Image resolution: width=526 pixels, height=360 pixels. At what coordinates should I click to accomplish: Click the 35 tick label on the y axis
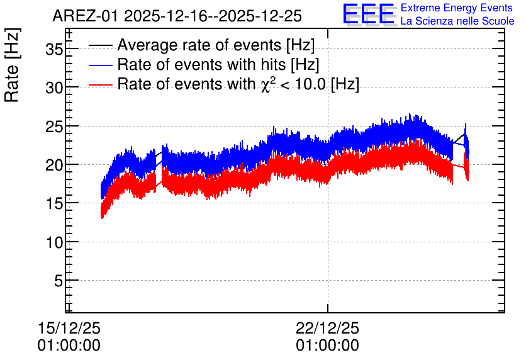54,50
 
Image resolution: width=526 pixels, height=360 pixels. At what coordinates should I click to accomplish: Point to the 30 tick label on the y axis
54,88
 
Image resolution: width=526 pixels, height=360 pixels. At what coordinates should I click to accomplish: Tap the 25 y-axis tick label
54,127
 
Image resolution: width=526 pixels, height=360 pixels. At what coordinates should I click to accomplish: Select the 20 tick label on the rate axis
54,165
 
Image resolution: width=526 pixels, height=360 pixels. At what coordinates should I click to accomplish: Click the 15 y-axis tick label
54,204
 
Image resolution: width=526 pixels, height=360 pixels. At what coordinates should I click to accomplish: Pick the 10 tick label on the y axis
54,242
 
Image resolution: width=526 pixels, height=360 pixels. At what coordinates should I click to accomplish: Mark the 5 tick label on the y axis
59,281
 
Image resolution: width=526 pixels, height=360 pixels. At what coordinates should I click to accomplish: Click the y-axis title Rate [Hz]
12,65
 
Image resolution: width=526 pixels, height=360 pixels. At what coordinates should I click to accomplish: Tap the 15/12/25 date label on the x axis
69,328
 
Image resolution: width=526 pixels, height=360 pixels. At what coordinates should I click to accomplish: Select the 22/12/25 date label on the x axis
327,328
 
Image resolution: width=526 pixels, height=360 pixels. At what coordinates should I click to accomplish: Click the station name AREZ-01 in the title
86,16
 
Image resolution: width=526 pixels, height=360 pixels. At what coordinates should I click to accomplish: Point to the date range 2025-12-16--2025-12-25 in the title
213,16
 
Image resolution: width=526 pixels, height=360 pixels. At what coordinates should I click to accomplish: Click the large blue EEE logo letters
368,14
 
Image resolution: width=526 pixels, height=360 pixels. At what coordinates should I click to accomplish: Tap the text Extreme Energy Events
457,8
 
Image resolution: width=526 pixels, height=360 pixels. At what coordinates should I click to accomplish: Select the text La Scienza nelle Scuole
457,21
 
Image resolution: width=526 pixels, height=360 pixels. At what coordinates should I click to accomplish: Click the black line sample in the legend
101,45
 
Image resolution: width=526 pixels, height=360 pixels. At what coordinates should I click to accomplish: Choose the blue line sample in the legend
101,65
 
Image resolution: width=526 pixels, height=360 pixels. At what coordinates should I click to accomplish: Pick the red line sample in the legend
101,85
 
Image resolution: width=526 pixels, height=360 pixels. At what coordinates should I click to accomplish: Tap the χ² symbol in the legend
267,84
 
